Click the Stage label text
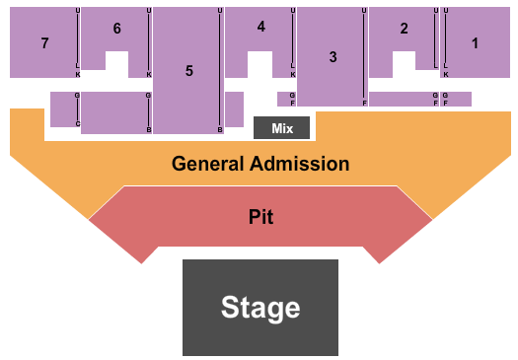click(x=260, y=307)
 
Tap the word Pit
click(x=260, y=216)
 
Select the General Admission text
click(x=260, y=164)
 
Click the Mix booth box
click(x=281, y=127)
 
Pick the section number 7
click(x=44, y=43)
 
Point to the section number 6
click(x=116, y=29)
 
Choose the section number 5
click(x=188, y=71)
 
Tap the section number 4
click(x=260, y=27)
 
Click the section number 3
click(x=333, y=57)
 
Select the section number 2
click(x=404, y=29)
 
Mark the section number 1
click(x=475, y=42)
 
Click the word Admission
click(x=301, y=164)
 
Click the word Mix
click(x=281, y=127)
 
